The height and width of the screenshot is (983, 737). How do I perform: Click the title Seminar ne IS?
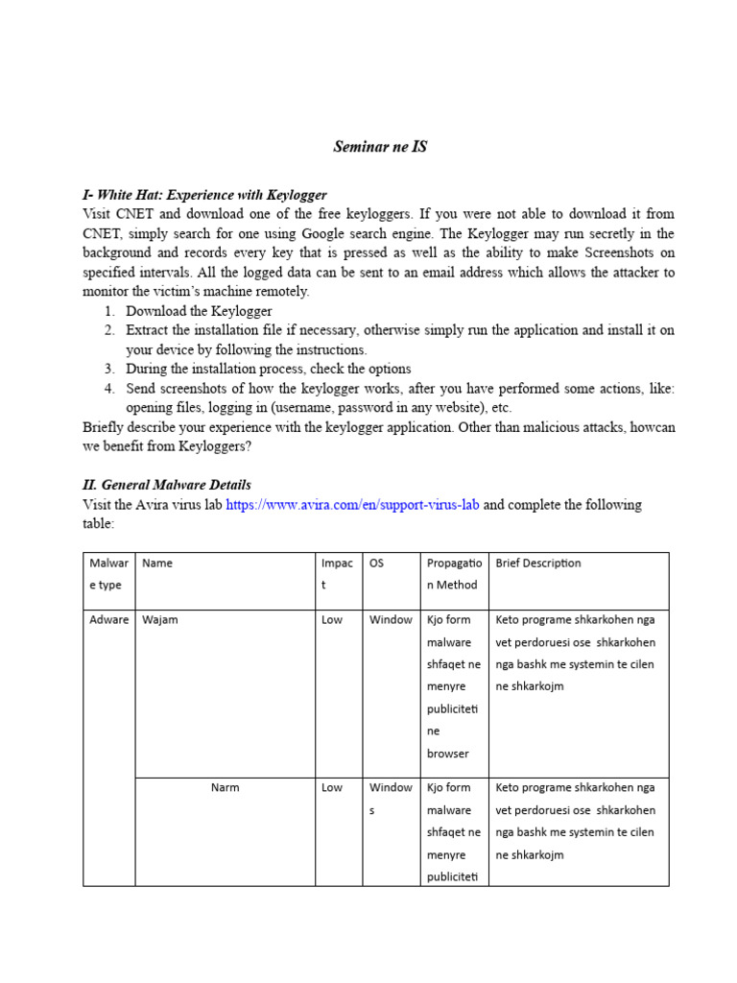[x=380, y=147]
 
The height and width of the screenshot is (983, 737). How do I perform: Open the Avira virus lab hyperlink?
[x=352, y=505]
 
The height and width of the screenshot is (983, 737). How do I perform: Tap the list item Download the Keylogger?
[x=199, y=311]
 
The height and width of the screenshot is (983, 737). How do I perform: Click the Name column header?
[x=157, y=563]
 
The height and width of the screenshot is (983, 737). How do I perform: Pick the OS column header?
[x=377, y=563]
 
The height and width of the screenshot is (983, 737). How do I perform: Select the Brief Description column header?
[x=538, y=563]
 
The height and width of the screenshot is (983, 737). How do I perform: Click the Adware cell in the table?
[x=109, y=620]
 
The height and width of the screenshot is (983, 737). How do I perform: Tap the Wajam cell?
[x=160, y=620]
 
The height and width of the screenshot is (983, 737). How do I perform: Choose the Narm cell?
[x=226, y=788]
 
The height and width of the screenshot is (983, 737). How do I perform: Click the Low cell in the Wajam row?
[x=332, y=620]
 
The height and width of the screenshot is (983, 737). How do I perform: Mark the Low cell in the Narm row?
[x=332, y=788]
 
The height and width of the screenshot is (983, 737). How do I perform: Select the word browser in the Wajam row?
[x=448, y=755]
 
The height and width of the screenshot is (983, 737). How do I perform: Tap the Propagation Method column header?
[x=452, y=574]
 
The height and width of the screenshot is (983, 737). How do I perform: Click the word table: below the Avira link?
[x=99, y=524]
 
